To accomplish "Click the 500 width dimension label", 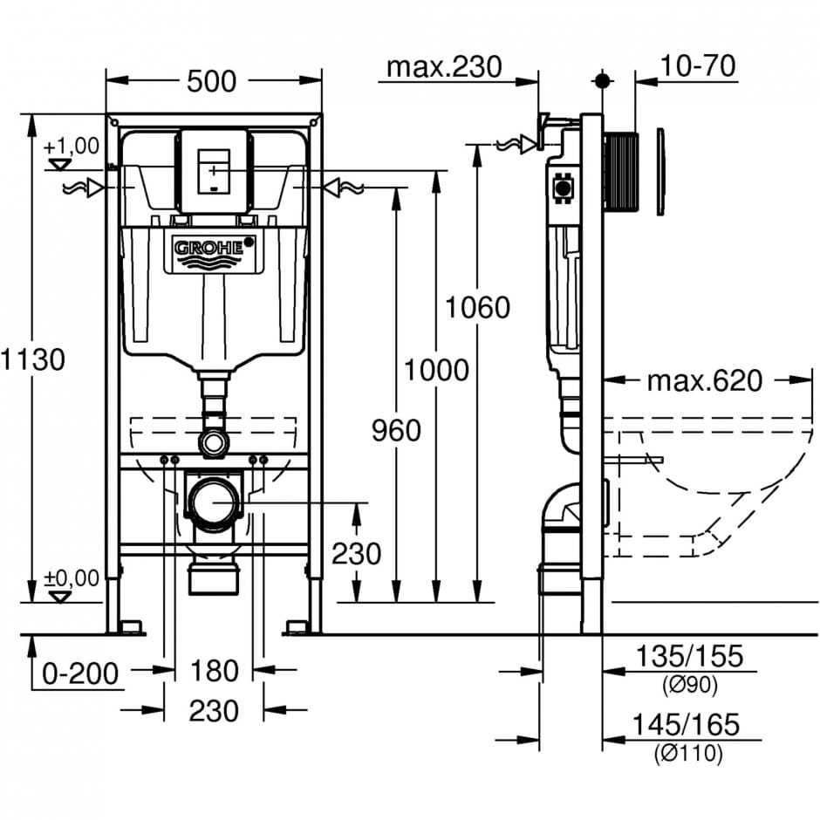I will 212,81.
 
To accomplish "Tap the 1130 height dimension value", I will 32,359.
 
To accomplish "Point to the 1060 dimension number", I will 476,307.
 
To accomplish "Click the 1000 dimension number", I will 435,370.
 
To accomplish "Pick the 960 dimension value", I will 395,429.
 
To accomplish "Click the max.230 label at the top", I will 445,66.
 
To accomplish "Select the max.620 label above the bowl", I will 705,380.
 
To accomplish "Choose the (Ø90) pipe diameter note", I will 689,687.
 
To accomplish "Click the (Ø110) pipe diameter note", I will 689,754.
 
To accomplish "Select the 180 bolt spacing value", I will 215,671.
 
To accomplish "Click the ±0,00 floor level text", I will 72,577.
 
